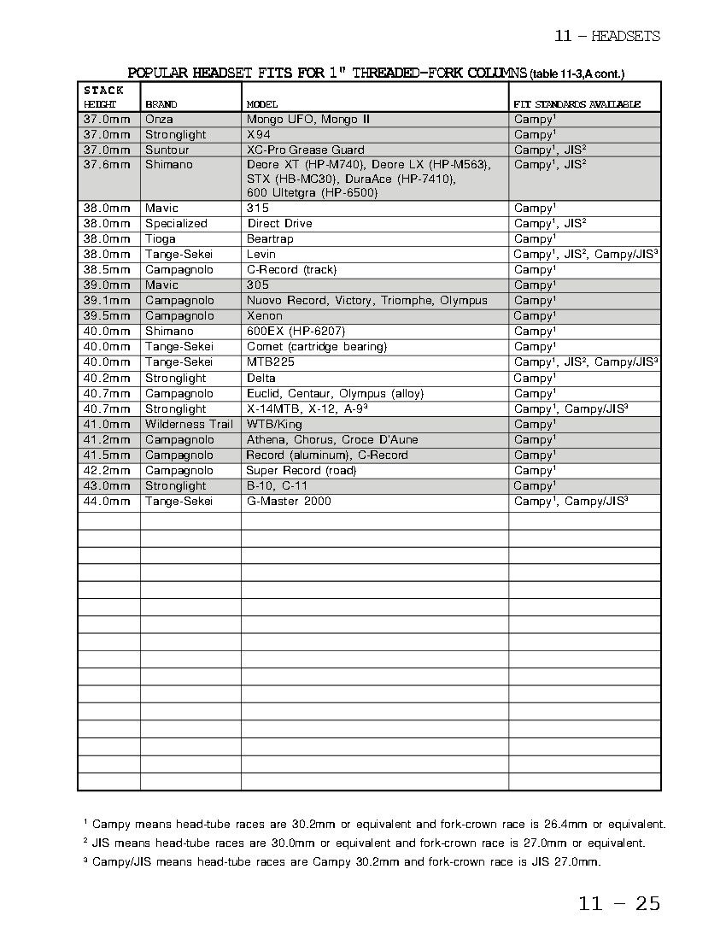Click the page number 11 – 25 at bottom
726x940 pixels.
[619, 903]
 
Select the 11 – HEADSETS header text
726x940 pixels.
[606, 36]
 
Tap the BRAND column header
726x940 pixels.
[161, 104]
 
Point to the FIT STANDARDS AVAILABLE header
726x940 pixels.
[577, 104]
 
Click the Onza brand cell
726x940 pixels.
[159, 120]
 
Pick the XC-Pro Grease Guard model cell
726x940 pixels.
[305, 150]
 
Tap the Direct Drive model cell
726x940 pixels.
[279, 224]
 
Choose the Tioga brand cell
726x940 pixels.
[161, 239]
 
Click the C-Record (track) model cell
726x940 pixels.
[291, 270]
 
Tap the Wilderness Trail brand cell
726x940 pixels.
[188, 425]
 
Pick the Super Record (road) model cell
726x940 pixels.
[301, 471]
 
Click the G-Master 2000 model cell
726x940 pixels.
[288, 502]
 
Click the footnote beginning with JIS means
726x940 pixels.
[365, 843]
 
